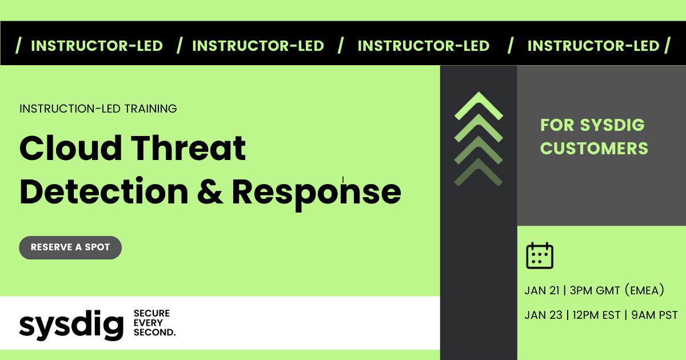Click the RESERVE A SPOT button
coord(70,247)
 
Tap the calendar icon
coord(539,255)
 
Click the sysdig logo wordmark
coord(71,325)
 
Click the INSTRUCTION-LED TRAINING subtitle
coord(98,108)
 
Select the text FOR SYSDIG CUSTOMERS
coord(593,137)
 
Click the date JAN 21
coord(541,291)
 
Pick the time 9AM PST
coord(655,315)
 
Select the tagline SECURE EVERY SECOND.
coord(154,323)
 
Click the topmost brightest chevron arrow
coord(478,107)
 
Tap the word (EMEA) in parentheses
coord(644,291)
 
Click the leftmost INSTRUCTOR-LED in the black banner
coord(97,46)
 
